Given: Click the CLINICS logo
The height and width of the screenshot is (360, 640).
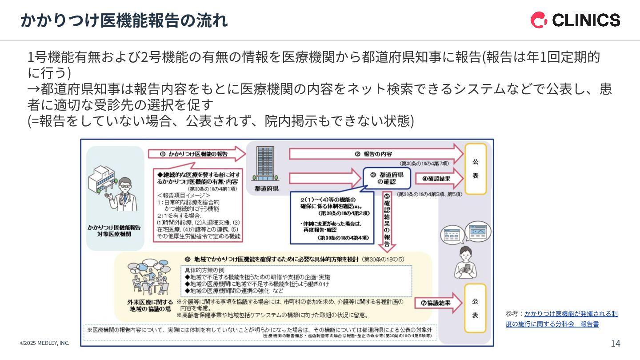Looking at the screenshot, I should pos(575,20).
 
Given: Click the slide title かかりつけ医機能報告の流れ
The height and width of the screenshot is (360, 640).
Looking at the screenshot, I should pos(124,20).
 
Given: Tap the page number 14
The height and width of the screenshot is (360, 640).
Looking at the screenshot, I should pos(615,343).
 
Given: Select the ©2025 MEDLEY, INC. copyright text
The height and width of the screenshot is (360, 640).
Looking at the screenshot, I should pos(45,343).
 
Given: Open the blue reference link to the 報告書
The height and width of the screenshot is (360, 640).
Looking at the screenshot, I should pos(561,319).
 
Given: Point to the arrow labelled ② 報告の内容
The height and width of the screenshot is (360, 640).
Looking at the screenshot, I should pos(376,154).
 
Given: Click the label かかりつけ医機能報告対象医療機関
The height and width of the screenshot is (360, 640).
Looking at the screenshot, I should pos(114,230).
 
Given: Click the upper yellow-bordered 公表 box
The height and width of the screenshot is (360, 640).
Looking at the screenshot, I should pos(475,169).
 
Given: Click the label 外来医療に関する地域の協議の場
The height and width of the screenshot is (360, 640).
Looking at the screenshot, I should pos(150,305).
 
